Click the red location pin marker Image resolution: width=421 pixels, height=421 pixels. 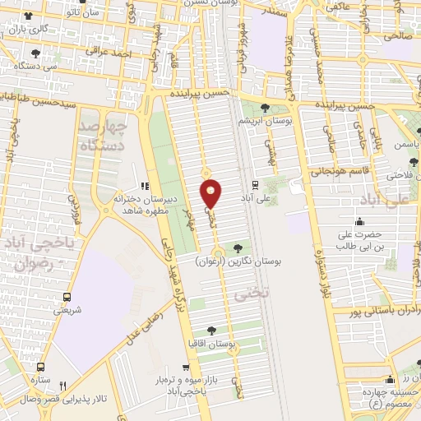click(211, 192)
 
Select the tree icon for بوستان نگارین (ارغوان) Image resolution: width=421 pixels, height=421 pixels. click(238, 247)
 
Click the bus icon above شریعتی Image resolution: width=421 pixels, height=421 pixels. click(67, 297)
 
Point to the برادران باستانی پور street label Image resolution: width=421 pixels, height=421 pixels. click(370, 312)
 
